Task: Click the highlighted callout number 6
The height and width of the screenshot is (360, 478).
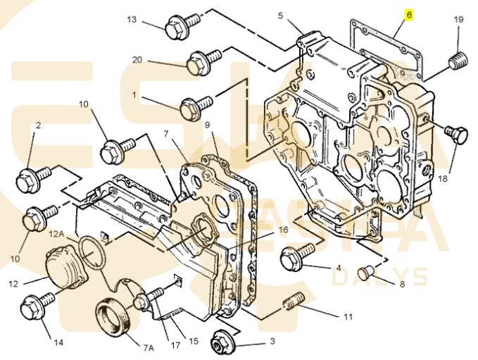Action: pos(409,15)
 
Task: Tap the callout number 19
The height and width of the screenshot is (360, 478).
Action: pos(458,20)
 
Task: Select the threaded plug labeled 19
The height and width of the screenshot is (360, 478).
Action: pos(458,61)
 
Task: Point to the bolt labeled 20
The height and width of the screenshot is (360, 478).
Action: pos(203,61)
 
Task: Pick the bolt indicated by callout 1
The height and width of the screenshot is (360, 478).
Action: pos(196,107)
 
